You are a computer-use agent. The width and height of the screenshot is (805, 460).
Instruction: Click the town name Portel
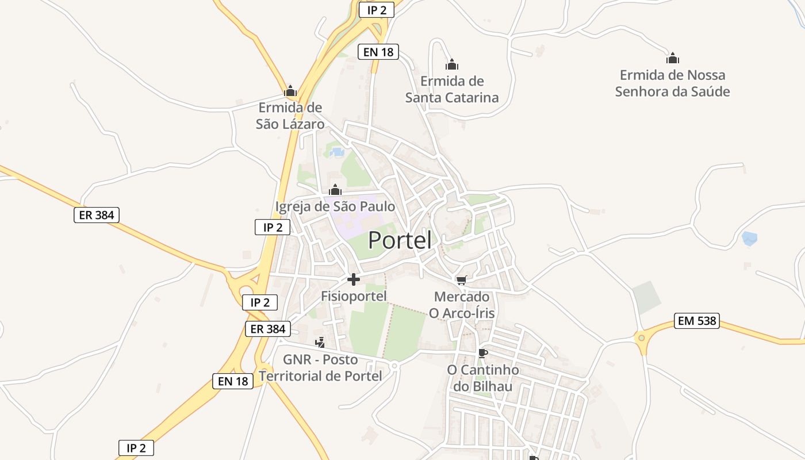point(400,240)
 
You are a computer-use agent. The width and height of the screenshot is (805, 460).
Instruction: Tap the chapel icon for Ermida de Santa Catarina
point(452,64)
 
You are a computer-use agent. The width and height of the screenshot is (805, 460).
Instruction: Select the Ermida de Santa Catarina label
point(452,89)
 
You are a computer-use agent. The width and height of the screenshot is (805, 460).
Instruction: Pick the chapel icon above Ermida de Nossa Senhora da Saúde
point(673,58)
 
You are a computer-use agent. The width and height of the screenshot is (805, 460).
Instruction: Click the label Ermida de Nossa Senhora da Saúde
point(672,83)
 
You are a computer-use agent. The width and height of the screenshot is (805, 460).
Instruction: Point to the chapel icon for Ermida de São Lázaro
point(290,91)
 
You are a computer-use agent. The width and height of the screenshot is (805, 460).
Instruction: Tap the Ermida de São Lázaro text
point(290,116)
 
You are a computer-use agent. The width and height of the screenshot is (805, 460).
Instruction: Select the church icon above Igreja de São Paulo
point(335,190)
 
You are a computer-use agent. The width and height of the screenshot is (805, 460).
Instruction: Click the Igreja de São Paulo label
point(335,206)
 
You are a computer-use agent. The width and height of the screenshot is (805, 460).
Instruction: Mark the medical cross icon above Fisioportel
point(354,279)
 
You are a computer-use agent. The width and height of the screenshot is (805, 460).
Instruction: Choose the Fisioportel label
point(354,296)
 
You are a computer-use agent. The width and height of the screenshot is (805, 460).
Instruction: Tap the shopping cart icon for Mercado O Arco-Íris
point(461,280)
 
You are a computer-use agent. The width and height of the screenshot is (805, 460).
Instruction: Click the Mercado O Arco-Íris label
point(462,305)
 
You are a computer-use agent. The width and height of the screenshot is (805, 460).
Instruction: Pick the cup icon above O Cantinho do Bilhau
point(482,352)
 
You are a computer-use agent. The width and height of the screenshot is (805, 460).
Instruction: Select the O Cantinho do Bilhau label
point(483,378)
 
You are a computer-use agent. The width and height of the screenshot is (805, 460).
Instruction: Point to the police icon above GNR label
point(320,343)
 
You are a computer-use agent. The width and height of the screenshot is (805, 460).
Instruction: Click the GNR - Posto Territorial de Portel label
point(320,368)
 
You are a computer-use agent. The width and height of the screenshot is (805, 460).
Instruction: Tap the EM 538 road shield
point(697,321)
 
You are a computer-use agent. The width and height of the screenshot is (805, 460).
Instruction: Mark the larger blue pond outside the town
point(749,238)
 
